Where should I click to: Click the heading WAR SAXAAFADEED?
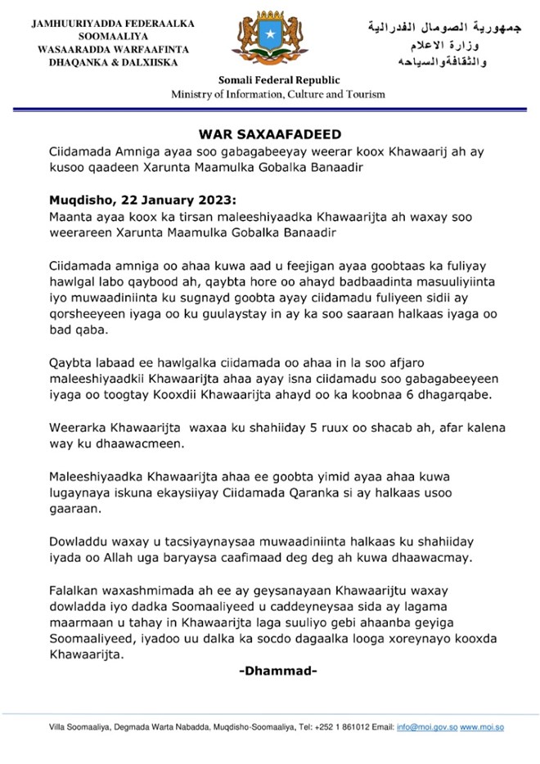pyautogui.click(x=270, y=133)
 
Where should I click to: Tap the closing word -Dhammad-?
pyautogui.click(x=278, y=672)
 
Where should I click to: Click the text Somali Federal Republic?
pyautogui.click(x=278, y=80)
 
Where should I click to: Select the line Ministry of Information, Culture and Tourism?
pyautogui.click(x=278, y=94)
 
